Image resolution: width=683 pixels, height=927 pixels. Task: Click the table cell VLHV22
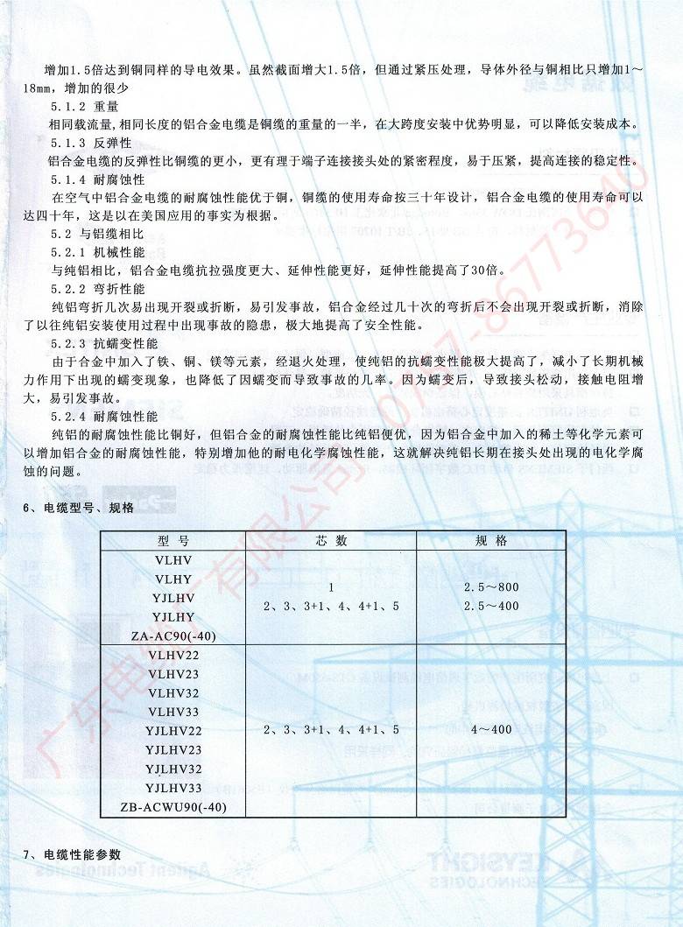click(174, 655)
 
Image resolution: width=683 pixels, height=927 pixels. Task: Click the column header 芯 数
click(332, 541)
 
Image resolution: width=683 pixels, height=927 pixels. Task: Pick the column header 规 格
click(490, 541)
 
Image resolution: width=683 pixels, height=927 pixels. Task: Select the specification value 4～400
click(490, 729)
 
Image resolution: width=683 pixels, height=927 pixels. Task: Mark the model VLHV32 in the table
click(174, 692)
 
